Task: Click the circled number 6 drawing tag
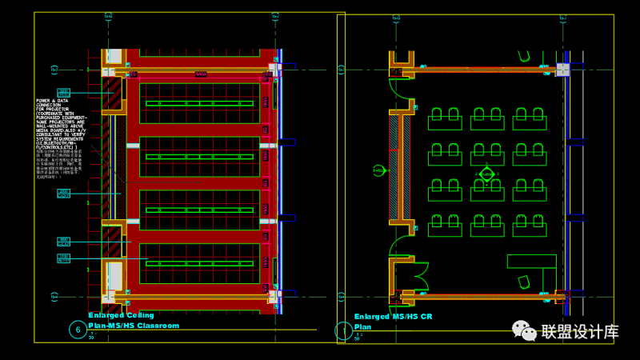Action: coord(78,330)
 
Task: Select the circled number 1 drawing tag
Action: coord(344,330)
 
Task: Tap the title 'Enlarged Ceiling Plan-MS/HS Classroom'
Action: coord(134,321)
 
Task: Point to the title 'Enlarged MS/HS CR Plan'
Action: coord(393,321)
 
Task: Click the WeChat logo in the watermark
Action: coord(526,330)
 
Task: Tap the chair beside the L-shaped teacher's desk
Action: coord(524,282)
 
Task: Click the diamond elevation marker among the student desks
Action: coord(487,174)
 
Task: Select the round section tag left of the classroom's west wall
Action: coord(379,170)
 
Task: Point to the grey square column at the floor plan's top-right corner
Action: coord(563,70)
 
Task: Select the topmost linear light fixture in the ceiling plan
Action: coord(199,103)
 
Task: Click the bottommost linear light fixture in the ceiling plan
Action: coord(199,262)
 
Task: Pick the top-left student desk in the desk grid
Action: coord(445,119)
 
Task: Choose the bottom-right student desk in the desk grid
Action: coord(530,226)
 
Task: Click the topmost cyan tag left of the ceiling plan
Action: coord(64,93)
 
